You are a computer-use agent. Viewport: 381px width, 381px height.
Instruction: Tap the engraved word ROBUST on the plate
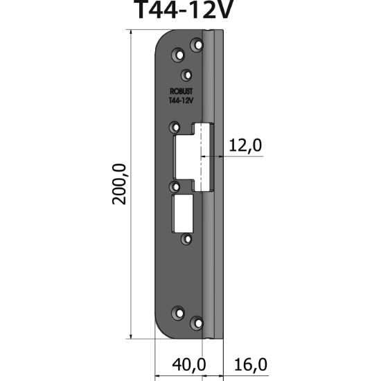pyautogui.click(x=181, y=91)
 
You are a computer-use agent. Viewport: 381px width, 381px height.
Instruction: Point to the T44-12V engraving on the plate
pyautogui.click(x=181, y=100)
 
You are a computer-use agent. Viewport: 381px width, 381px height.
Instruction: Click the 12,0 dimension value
pyautogui.click(x=245, y=145)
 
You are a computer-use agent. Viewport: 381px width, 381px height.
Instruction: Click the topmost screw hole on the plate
pyautogui.click(x=197, y=44)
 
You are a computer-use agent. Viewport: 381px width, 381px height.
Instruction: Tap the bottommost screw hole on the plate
pyautogui.click(x=197, y=323)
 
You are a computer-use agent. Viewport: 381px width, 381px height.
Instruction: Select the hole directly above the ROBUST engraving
pyautogui.click(x=186, y=74)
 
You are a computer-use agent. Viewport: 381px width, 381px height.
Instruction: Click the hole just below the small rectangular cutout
pyautogui.click(x=186, y=239)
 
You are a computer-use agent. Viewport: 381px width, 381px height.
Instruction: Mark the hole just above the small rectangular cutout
pyautogui.click(x=175, y=186)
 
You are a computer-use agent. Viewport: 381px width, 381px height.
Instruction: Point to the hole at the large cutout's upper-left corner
pyautogui.click(x=175, y=127)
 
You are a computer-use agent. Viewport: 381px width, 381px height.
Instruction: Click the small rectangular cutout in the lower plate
pyautogui.click(x=184, y=213)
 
